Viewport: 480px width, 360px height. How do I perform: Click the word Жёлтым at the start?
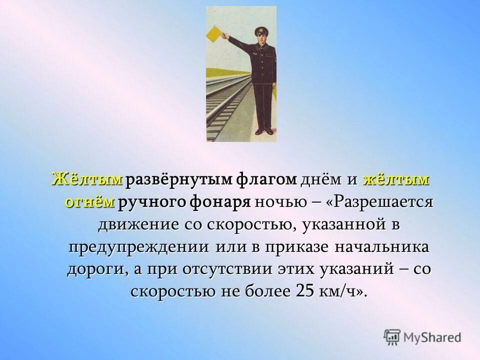[x=87, y=179]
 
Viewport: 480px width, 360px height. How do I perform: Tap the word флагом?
[x=269, y=179]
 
